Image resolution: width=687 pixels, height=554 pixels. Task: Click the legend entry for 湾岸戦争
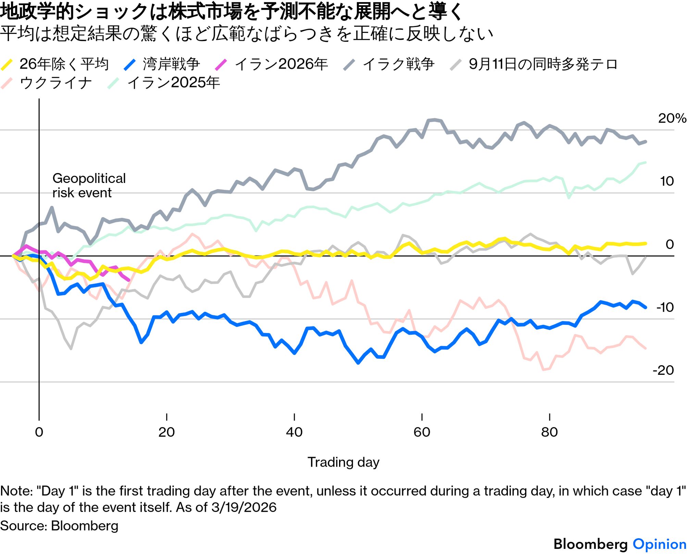[162, 64]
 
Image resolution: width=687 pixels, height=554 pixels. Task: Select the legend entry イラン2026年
[271, 64]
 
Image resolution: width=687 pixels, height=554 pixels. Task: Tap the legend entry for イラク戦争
[389, 64]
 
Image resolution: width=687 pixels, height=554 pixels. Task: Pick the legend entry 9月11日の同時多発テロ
[534, 64]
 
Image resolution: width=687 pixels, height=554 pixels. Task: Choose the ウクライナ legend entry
[46, 83]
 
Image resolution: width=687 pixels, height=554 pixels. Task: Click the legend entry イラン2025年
[163, 83]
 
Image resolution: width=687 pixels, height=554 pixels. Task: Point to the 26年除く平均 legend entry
[55, 64]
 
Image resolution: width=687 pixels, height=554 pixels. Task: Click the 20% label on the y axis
[672, 118]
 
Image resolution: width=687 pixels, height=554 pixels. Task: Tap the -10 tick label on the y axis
[665, 307]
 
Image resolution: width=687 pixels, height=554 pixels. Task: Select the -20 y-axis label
[663, 370]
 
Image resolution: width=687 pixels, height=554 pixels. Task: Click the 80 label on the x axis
[549, 432]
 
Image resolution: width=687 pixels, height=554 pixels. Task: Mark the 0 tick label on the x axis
[39, 432]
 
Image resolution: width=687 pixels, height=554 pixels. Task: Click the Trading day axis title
[343, 463]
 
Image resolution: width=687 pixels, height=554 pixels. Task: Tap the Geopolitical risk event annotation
[89, 185]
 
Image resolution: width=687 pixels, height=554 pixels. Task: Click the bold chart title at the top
[232, 11]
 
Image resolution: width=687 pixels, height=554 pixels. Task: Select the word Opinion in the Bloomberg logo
[659, 544]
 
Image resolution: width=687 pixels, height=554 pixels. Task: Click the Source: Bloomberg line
[59, 526]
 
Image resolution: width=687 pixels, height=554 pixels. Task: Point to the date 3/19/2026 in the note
[244, 507]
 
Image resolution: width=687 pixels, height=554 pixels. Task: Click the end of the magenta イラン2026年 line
[129, 280]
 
